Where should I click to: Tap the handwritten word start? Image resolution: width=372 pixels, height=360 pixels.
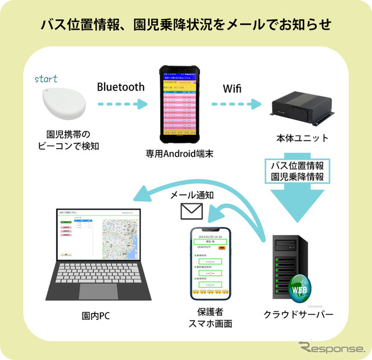tap(47, 78)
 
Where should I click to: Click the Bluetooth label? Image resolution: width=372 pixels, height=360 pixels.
tap(120, 87)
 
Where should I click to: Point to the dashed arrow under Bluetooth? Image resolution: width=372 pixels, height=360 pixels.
tap(120, 105)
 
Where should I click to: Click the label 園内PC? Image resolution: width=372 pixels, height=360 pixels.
tap(96, 316)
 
